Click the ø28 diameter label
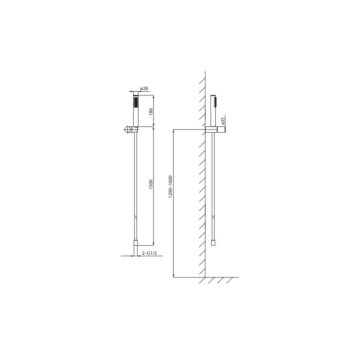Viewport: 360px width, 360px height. coord(144,89)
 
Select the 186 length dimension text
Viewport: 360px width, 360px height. coord(151,111)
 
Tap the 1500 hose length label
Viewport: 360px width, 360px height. coord(151,183)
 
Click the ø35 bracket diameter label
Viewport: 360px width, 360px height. coord(223,121)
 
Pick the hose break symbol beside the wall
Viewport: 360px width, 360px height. coord(213,216)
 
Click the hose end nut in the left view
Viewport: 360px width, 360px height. coord(135,243)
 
